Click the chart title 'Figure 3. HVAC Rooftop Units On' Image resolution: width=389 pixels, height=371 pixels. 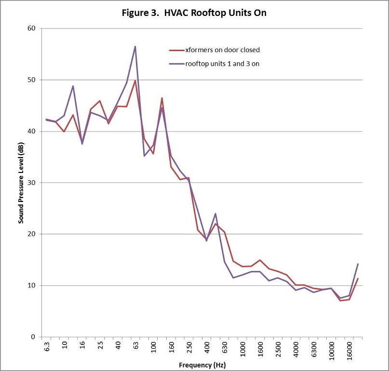click(194, 13)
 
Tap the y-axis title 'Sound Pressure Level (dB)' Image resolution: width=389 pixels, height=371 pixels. click(21, 183)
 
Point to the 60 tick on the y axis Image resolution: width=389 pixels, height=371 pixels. click(32, 29)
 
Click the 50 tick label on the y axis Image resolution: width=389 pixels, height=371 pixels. click(32, 80)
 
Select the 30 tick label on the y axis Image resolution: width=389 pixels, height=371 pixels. click(32, 183)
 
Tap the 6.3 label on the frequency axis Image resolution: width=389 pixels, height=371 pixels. click(47, 347)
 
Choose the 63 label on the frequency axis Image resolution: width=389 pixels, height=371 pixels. click(136, 346)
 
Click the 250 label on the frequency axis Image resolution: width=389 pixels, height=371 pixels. click(189, 347)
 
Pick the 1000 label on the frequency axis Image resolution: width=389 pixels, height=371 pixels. click(242, 349)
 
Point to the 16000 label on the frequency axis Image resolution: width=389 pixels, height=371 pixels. click(349, 350)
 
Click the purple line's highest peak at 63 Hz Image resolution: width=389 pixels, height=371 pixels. click(135, 46)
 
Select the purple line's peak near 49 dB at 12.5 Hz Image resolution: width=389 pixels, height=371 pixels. click(73, 86)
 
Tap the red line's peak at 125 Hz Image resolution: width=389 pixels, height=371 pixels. click(162, 98)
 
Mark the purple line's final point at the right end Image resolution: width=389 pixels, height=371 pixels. click(358, 264)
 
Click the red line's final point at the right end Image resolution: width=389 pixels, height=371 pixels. click(358, 279)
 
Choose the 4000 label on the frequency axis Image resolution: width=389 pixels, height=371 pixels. click(296, 349)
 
